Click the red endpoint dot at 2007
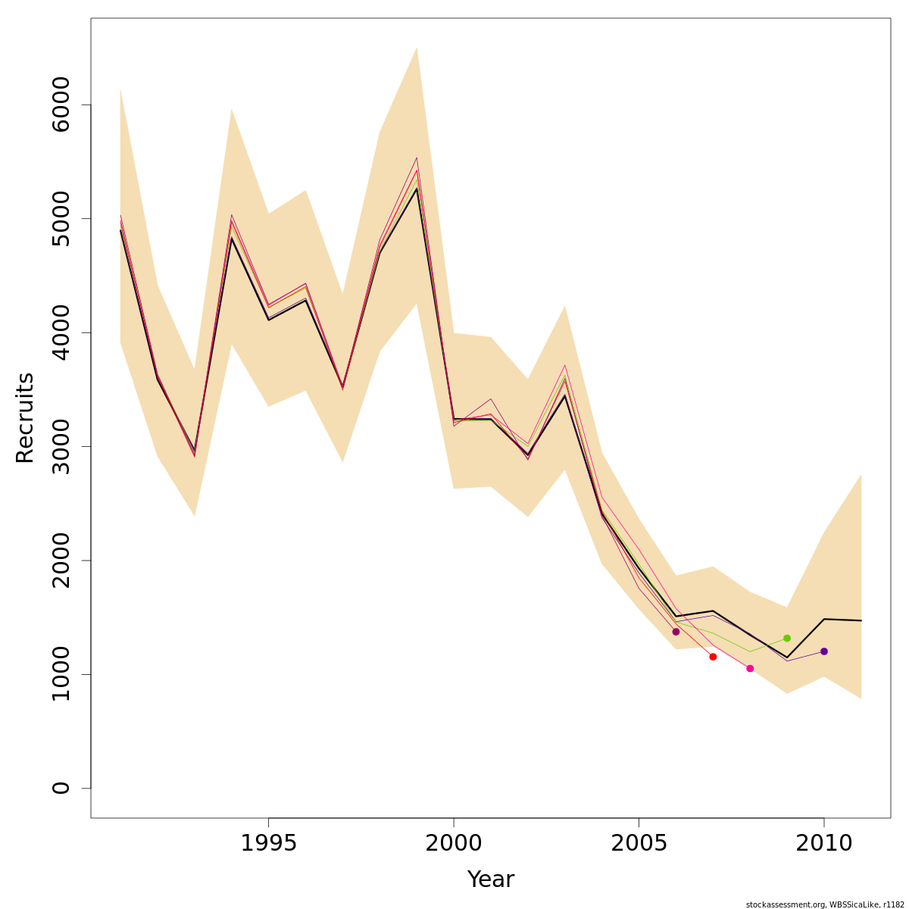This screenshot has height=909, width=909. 713,657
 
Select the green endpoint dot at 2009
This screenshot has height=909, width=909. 787,639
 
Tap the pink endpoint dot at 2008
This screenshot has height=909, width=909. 750,668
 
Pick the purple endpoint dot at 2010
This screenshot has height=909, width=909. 824,651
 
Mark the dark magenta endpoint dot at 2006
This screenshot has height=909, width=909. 676,632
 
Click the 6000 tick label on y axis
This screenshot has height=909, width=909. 61,105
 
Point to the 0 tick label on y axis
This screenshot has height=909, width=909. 61,788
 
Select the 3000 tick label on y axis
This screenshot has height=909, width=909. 61,446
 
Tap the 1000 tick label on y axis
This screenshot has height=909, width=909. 61,674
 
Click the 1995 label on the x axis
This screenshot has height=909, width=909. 269,844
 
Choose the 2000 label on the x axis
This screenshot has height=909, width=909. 454,844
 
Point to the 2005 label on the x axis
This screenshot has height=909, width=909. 639,844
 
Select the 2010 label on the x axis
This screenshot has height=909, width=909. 824,844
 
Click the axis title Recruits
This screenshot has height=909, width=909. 25,417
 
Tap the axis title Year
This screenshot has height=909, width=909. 490,879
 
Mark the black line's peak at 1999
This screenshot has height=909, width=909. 417,189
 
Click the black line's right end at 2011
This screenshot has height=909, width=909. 861,620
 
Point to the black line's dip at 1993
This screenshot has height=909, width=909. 195,451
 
